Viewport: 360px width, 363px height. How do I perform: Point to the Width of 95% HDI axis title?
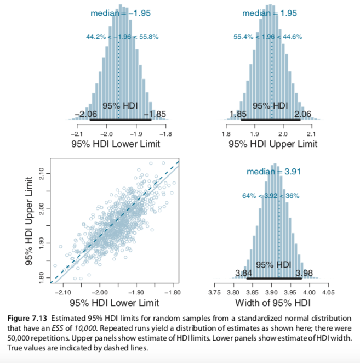pos(273,302)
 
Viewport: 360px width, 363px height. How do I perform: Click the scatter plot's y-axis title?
pos(31,222)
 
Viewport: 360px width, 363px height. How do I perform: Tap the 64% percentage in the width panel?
pos(250,196)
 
